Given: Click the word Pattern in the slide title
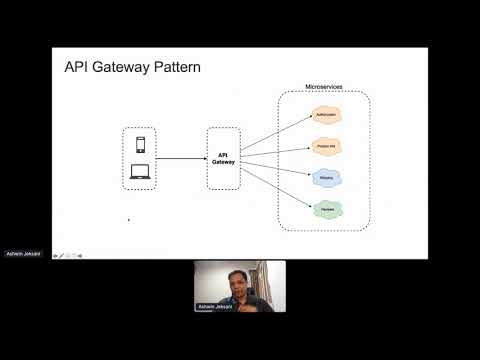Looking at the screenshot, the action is point(172,68).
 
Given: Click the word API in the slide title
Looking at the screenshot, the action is point(78,68).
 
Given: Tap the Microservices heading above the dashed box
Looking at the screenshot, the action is point(323,88).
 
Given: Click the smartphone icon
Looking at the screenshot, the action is point(140,146).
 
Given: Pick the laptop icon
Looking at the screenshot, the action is point(140,174).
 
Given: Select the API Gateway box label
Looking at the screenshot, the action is point(224,158).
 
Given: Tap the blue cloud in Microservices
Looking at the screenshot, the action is point(325,178).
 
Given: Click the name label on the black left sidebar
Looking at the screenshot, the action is point(22,252).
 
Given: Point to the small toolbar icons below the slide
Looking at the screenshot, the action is point(67,255).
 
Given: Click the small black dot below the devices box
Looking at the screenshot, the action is point(128,219).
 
